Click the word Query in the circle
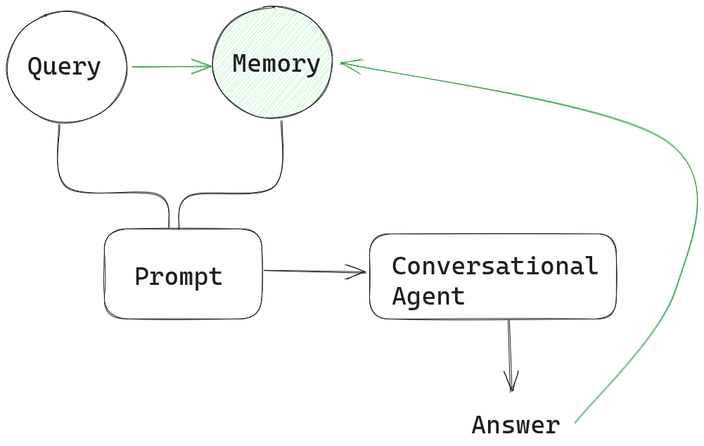[x=64, y=68]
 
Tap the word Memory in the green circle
[x=276, y=64]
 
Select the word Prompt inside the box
[x=179, y=276]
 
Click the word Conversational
[x=494, y=266]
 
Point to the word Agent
[x=428, y=296]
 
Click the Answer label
[x=516, y=425]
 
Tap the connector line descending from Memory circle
[x=283, y=155]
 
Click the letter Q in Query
[x=34, y=68]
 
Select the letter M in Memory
[x=239, y=64]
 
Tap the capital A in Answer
[x=478, y=425]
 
